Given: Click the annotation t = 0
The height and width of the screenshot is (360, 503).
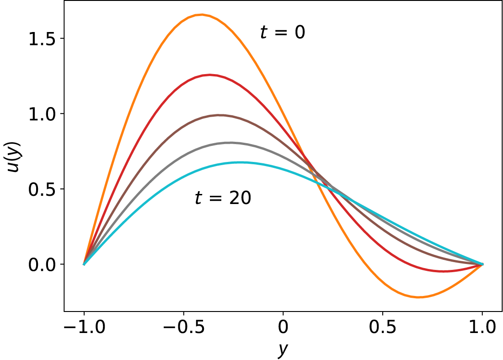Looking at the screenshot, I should pos(282,33).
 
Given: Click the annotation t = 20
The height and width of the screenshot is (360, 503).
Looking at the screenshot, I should pos(223,198).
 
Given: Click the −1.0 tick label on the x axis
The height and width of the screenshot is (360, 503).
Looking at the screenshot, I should pos(83,328).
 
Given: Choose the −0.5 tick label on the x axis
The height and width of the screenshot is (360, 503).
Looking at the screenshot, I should pos(183,328).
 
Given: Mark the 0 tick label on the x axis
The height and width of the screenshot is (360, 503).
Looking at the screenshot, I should pos(283,328).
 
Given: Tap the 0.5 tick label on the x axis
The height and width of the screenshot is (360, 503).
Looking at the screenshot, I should pos(383,328).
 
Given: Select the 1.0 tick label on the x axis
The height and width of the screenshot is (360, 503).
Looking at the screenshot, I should pos(482,328).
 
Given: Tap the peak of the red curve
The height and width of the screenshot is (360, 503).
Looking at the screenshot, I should pos(209,75).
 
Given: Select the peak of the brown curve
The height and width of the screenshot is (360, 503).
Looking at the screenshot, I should pos(220,115).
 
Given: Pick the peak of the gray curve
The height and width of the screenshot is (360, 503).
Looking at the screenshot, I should pos(230,143).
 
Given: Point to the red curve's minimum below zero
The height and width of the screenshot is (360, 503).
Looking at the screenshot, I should pos(443,271).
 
